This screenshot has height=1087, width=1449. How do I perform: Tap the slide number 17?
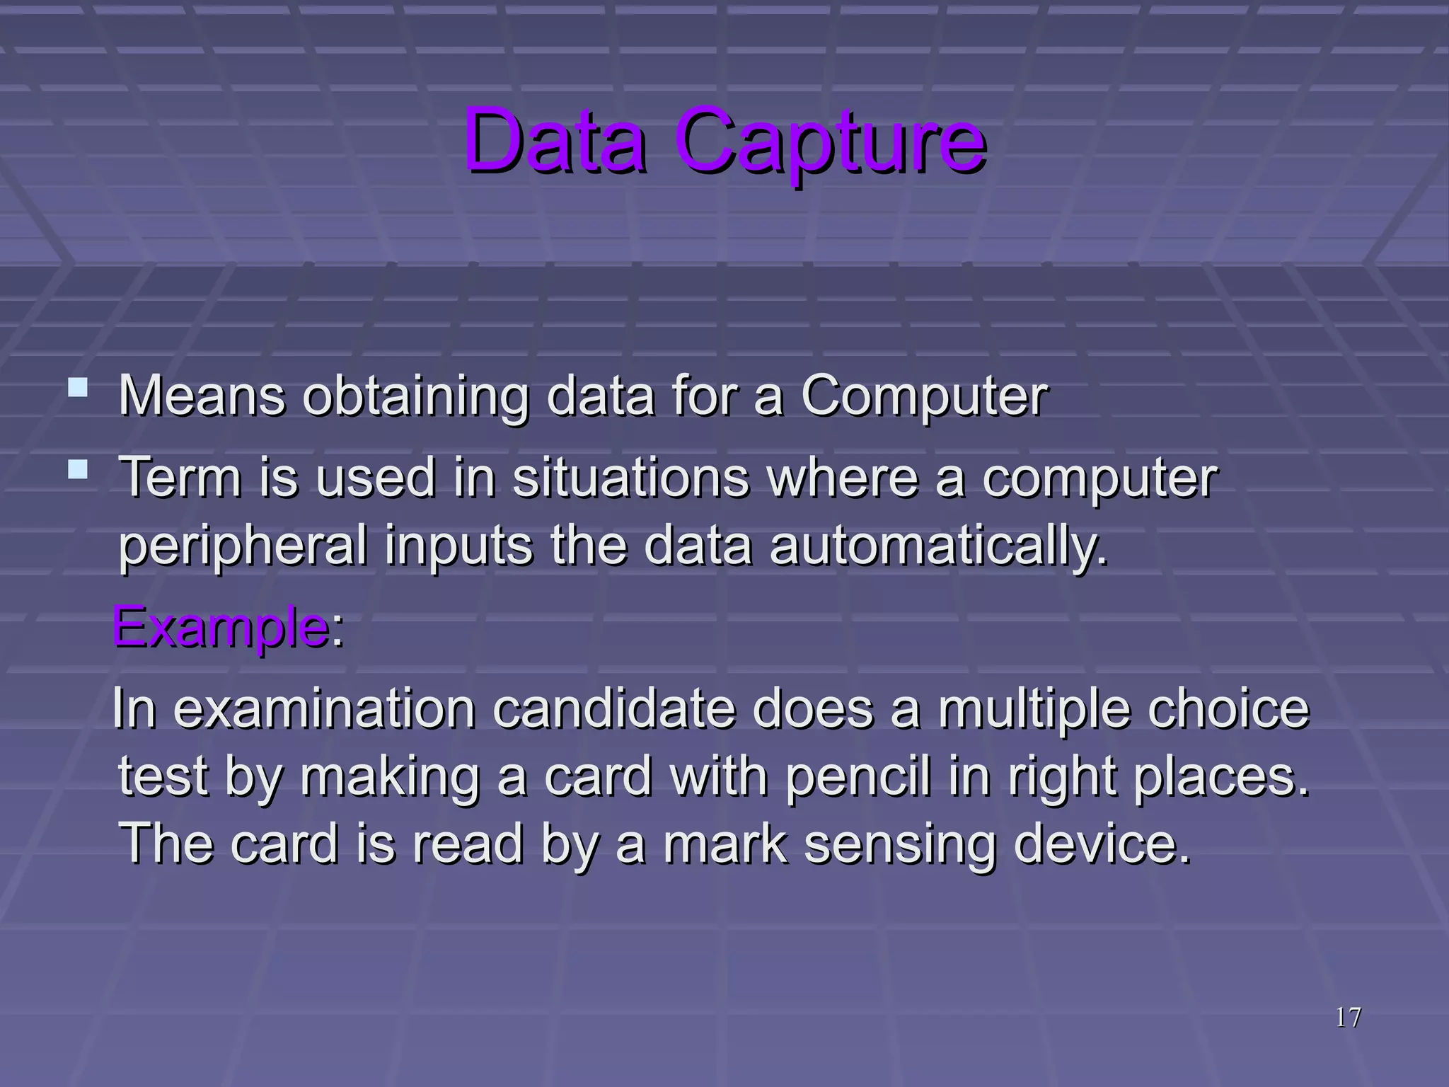(1348, 1018)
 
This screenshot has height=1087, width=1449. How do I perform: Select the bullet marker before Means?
(78, 388)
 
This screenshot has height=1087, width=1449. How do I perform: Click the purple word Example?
(219, 627)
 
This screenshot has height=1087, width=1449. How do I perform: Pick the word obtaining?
(416, 396)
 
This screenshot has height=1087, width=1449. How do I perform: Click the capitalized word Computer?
(924, 396)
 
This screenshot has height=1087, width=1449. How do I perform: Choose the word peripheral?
(243, 546)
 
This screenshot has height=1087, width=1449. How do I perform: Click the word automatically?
(937, 546)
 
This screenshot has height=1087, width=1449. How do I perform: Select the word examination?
(324, 709)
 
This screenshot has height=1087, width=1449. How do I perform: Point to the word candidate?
(613, 709)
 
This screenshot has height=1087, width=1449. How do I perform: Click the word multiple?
(1034, 709)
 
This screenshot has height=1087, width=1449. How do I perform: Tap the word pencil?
(858, 777)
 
